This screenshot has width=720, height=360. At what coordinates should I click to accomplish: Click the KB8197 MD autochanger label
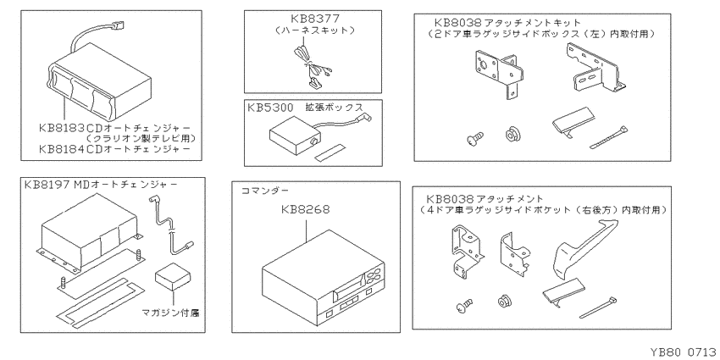tap(100, 183)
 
